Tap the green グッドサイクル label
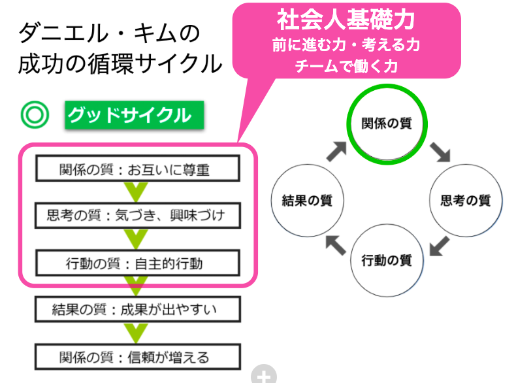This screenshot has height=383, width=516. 135,116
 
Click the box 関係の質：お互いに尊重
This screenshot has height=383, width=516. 137,170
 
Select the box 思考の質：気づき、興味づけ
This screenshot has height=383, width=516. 137,214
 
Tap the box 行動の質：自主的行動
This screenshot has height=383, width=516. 137,263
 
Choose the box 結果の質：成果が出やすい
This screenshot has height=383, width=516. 137,309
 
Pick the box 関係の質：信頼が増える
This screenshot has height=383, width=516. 137,357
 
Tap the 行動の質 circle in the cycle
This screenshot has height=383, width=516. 387,260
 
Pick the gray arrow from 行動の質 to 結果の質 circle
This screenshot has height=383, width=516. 334,244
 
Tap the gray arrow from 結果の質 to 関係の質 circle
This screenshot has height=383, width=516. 336,152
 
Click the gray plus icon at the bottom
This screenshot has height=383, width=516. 264,375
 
